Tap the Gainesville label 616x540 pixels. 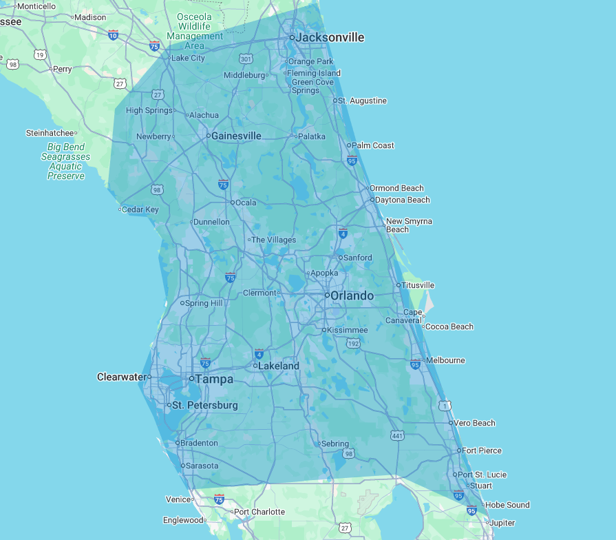click(x=236, y=136)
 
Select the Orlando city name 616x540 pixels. click(x=352, y=295)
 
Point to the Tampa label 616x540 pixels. click(x=214, y=379)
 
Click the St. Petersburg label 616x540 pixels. click(x=204, y=405)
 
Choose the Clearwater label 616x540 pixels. click(x=122, y=377)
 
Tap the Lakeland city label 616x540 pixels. click(x=278, y=366)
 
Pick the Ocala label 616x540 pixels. click(x=246, y=202)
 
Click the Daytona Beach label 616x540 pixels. click(x=403, y=200)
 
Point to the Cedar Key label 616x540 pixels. click(x=140, y=209)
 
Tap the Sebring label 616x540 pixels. click(x=335, y=444)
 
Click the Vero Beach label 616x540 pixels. click(x=474, y=423)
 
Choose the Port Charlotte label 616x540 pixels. click(x=259, y=512)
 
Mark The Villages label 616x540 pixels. click(x=273, y=240)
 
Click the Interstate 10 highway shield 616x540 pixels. click(x=113, y=34)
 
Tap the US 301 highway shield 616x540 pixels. click(x=246, y=59)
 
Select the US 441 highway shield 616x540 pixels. click(x=397, y=435)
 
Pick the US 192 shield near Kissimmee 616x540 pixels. click(x=353, y=343)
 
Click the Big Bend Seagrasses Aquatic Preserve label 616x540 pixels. click(x=65, y=161)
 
